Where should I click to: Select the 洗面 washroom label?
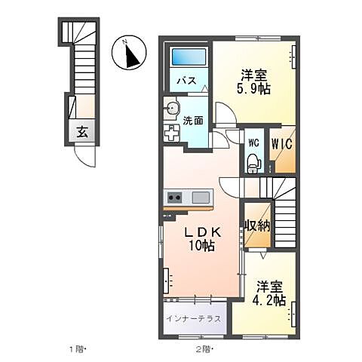click(193, 119)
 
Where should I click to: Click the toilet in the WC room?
click(254, 161)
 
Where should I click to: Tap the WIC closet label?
click(283, 140)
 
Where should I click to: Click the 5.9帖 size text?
click(255, 89)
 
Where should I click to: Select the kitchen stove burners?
click(174, 198)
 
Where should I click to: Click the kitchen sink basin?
click(200, 198)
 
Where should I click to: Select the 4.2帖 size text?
click(269, 300)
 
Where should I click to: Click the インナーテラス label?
click(194, 318)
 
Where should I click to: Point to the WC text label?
click(253, 141)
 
